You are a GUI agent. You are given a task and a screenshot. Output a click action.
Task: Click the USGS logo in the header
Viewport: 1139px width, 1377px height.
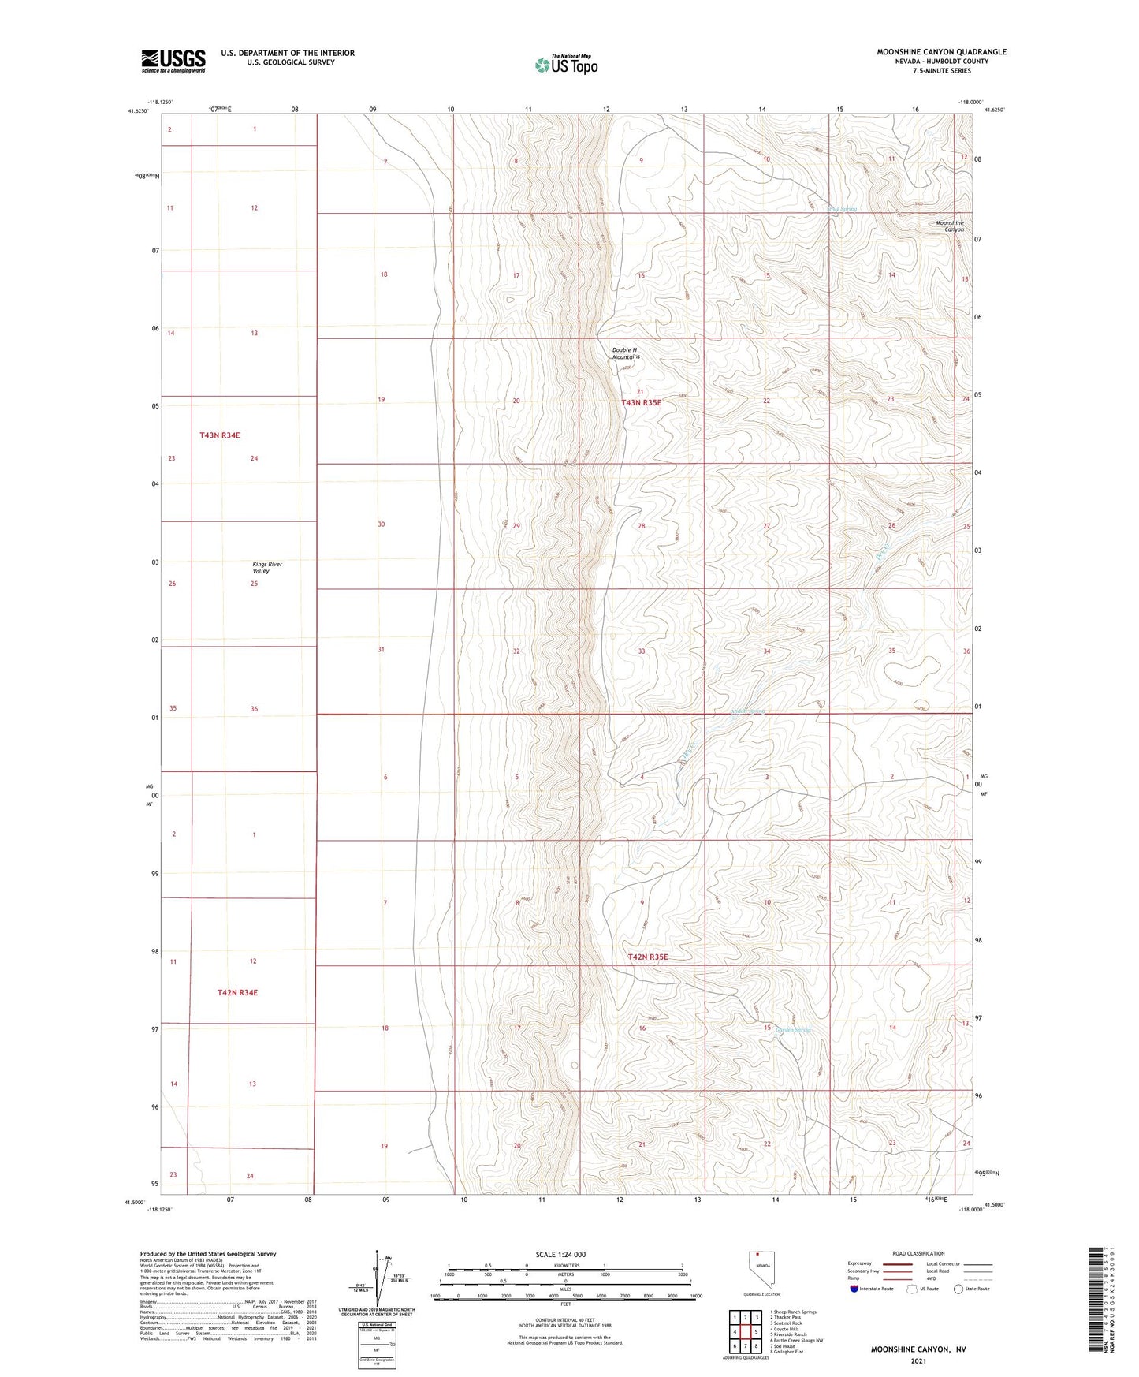pyautogui.click(x=173, y=61)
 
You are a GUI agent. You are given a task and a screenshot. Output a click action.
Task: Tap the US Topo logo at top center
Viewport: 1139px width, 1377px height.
pyautogui.click(x=565, y=65)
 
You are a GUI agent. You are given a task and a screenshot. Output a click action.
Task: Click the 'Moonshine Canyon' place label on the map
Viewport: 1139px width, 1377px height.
pyautogui.click(x=949, y=226)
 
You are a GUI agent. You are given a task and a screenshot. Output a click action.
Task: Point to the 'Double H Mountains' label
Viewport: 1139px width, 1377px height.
pyautogui.click(x=626, y=353)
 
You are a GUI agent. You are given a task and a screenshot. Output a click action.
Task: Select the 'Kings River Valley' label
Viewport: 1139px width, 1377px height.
pyautogui.click(x=266, y=567)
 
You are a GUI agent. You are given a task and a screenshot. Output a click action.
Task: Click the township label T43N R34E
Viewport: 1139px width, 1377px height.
pyautogui.click(x=219, y=435)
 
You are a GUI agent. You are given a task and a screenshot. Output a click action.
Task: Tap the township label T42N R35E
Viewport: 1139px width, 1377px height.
pyautogui.click(x=648, y=957)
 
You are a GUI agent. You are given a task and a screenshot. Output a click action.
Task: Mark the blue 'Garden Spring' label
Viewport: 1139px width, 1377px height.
pyautogui.click(x=792, y=1030)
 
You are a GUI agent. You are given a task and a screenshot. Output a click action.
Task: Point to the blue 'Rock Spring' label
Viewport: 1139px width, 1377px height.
pyautogui.click(x=841, y=209)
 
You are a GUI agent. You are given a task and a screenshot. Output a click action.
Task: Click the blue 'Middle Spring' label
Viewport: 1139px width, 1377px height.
pyautogui.click(x=747, y=711)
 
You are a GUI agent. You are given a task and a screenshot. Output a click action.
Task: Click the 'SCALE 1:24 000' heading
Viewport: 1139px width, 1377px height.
pyautogui.click(x=560, y=1254)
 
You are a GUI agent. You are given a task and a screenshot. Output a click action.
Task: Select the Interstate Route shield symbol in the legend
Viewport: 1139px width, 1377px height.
pyautogui.click(x=854, y=1289)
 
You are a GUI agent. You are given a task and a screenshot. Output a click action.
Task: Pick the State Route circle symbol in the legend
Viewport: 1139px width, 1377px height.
pyautogui.click(x=958, y=1289)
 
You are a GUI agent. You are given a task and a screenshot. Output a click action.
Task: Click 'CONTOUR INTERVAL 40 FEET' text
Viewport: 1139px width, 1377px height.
pyautogui.click(x=560, y=1319)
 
